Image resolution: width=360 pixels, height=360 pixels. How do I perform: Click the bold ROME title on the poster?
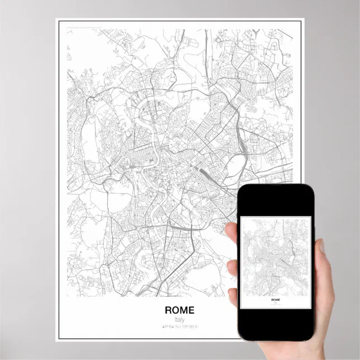(x=179, y=310)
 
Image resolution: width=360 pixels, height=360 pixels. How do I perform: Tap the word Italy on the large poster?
(x=179, y=319)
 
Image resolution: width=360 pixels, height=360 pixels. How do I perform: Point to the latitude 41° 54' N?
(x=169, y=326)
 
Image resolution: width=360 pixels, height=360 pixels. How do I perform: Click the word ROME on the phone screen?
(x=276, y=300)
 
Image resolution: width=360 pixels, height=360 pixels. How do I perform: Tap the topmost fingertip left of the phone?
(x=231, y=231)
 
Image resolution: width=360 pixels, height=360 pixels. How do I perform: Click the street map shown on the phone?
(x=274, y=257)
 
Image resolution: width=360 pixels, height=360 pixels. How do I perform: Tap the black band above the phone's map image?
(x=275, y=202)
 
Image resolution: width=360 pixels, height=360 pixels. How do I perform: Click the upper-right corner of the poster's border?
(x=303, y=20)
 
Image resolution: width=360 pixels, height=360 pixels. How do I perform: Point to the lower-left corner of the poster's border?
(x=56, y=339)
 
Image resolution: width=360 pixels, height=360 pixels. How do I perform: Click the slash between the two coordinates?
(x=179, y=326)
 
